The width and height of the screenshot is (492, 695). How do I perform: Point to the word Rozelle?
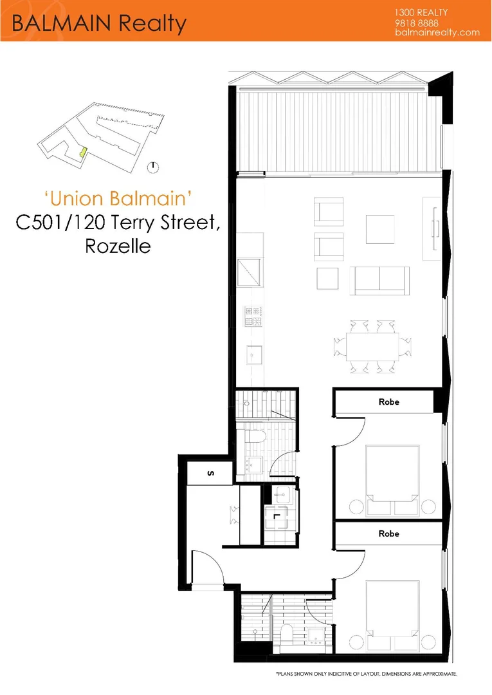[x=118, y=246]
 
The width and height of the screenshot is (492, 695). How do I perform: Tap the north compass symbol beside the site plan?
[x=152, y=167]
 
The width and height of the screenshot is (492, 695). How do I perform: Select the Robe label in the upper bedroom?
[x=388, y=402]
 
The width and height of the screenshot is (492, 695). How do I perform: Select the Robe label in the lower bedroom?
[x=388, y=533]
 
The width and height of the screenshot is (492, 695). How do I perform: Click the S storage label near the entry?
[x=210, y=474]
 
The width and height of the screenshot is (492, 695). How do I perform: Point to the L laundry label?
[x=276, y=515]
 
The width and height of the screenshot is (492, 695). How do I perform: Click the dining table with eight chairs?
[x=372, y=346]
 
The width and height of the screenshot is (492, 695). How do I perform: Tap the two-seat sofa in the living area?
[x=379, y=280]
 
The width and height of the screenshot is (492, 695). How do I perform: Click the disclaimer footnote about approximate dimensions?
[x=367, y=673]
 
